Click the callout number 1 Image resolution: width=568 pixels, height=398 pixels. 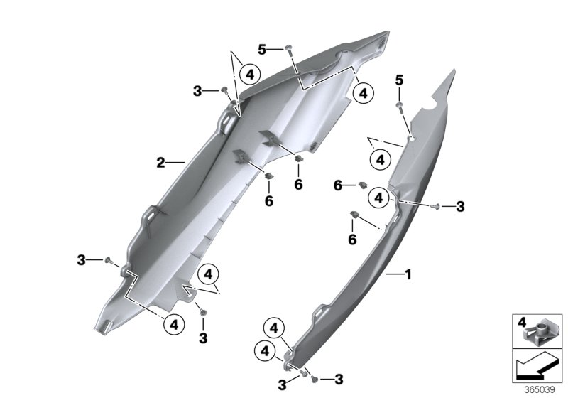408,274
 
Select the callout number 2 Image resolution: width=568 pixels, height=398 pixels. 160,163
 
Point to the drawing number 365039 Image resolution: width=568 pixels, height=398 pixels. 540,390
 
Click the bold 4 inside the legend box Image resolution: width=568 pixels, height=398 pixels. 521,323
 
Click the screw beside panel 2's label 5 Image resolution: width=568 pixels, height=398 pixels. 289,50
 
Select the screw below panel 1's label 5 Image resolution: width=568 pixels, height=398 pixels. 400,106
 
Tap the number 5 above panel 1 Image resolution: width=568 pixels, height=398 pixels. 399,80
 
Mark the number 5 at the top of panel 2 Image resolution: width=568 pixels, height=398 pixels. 262,49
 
